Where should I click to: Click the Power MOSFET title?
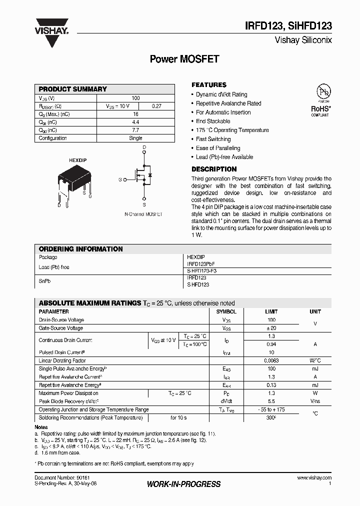184,59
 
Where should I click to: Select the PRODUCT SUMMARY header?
73,89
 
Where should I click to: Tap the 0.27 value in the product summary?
156,106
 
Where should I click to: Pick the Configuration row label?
52,138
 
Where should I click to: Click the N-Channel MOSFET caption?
143,214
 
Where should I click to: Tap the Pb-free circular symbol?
323,92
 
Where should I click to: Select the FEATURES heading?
209,85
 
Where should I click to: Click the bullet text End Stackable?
213,121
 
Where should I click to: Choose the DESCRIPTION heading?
214,169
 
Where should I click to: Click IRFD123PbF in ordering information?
201,263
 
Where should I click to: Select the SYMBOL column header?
226,311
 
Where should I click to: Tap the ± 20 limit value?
271,328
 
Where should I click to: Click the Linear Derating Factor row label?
62,360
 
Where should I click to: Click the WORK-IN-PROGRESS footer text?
183,484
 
